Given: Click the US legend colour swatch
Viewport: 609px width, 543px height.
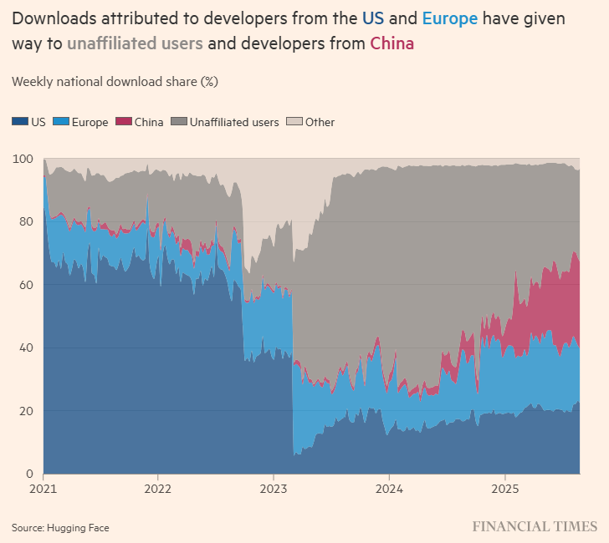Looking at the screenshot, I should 20,122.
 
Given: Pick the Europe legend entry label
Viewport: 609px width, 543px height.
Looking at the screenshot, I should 90,122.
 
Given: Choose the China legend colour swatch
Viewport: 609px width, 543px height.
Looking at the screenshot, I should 123,122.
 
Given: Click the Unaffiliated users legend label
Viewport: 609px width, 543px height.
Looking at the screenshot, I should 234,122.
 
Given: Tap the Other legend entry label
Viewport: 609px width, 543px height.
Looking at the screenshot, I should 320,122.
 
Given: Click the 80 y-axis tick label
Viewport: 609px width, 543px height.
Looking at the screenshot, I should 26,221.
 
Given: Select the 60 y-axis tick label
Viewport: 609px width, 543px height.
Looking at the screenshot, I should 26,285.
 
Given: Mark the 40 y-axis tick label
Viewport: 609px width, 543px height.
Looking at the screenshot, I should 26,348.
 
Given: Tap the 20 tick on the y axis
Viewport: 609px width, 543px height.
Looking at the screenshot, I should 26,411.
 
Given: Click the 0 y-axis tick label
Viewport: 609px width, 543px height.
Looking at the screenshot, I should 29,474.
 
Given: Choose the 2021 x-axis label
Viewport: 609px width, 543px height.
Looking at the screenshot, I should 43,489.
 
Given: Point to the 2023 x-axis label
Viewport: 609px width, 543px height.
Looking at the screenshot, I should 274,489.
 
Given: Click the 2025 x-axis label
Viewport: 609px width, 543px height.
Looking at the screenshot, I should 504,489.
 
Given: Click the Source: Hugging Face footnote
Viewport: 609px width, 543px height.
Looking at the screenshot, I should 60,527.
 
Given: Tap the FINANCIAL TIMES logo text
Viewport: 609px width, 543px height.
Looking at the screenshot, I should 535,526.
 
